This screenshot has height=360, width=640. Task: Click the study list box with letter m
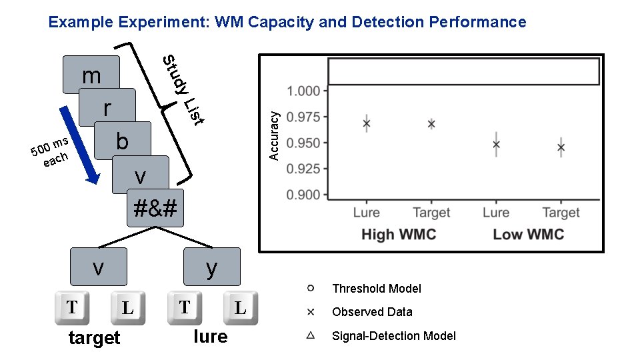point(91,74)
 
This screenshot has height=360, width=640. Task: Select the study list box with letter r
point(107,107)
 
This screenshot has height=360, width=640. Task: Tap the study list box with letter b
point(123,141)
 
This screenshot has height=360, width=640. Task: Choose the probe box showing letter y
point(211,267)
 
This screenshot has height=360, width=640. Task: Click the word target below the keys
point(94,338)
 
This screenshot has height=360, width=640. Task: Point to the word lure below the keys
point(210,337)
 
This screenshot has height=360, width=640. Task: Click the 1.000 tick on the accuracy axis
point(303,91)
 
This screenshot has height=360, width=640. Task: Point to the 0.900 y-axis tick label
point(303,195)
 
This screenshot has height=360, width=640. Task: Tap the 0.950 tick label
point(303,143)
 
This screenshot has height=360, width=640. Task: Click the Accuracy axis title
point(273,135)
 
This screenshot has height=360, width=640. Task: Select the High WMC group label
point(397,234)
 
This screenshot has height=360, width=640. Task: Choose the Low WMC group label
point(528,234)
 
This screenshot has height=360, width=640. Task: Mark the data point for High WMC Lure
point(366,123)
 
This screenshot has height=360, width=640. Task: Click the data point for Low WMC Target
point(561,147)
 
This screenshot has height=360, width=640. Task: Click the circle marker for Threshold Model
point(311,288)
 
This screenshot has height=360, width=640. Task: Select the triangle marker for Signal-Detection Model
point(311,335)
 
